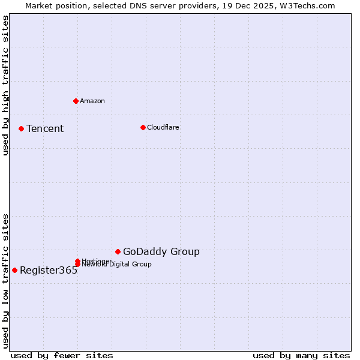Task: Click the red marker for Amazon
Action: tap(76, 101)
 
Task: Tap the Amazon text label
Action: tap(92, 101)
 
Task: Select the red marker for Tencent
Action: tap(21, 128)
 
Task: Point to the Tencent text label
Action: tap(45, 128)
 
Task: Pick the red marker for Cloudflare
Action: tap(143, 127)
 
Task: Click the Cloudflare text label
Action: tap(163, 127)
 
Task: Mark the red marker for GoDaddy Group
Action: tap(118, 251)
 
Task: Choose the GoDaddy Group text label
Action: tap(161, 252)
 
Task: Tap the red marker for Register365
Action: tap(14, 270)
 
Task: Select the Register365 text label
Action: tap(49, 271)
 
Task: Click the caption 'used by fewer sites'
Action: tap(62, 355)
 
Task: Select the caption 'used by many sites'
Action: tap(301, 355)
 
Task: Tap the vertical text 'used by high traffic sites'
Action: tap(5, 86)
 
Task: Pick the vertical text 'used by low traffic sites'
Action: tap(5, 281)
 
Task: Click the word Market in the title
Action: tap(39, 5)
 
